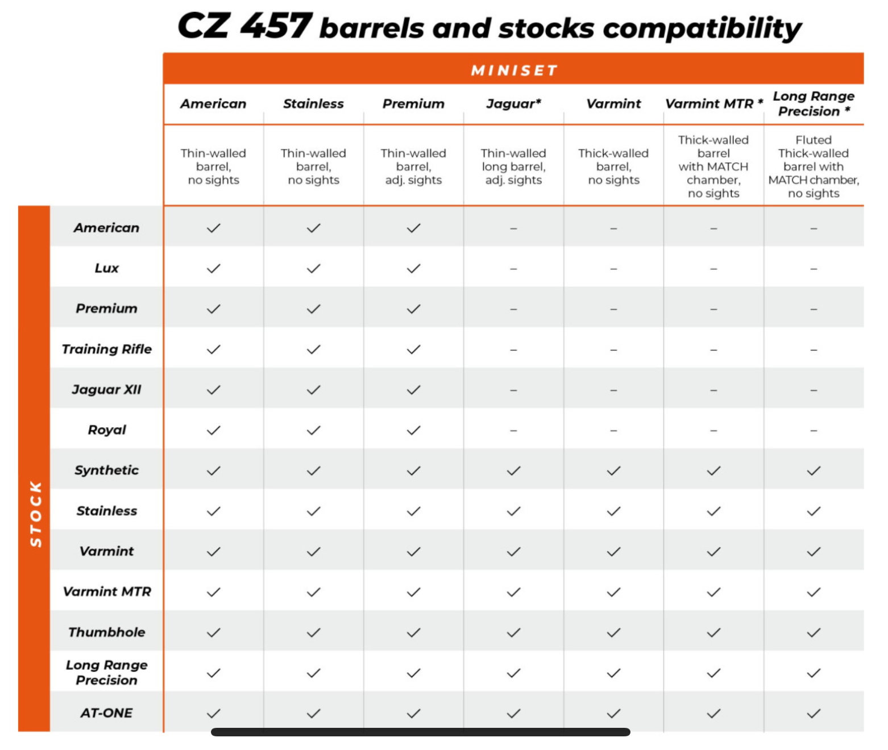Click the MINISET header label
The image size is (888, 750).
click(x=513, y=70)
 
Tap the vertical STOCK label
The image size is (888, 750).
click(x=35, y=514)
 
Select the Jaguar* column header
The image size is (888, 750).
click(x=513, y=103)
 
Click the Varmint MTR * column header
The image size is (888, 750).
click(x=713, y=103)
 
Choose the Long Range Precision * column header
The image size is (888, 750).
click(x=813, y=103)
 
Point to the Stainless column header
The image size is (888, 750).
click(x=313, y=103)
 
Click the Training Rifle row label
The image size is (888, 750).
click(x=107, y=349)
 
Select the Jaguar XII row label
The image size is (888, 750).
click(x=107, y=389)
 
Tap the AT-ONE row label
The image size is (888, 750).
click(x=107, y=713)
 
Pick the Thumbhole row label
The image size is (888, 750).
click(x=107, y=632)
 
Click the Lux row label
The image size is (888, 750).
click(x=107, y=268)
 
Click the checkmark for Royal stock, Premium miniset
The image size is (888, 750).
click(x=413, y=430)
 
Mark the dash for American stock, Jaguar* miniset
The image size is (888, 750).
click(x=513, y=228)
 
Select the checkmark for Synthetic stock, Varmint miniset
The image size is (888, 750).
click(x=613, y=470)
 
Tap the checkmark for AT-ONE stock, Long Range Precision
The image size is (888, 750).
click(x=814, y=713)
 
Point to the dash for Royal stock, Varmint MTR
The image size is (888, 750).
click(x=713, y=431)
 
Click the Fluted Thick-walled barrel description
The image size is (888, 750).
click(x=813, y=166)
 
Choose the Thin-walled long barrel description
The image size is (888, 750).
click(x=513, y=166)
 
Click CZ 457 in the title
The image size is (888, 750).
click(x=244, y=26)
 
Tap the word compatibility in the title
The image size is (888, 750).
click(x=702, y=28)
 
